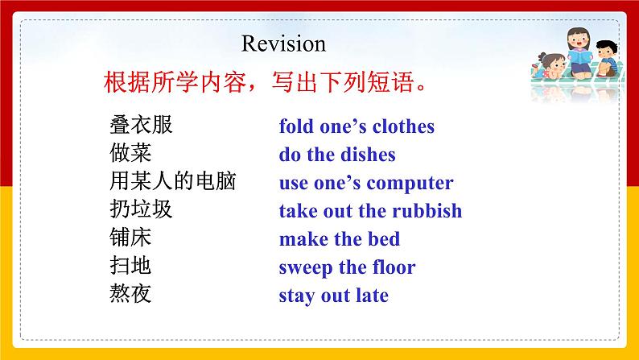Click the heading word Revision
click(x=283, y=43)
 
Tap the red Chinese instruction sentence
click(x=265, y=83)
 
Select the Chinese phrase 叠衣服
click(x=141, y=126)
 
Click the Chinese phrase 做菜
click(x=130, y=154)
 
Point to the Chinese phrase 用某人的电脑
click(x=172, y=182)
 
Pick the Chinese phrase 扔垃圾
click(x=141, y=210)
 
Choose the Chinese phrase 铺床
click(x=130, y=238)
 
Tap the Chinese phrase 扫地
click(x=130, y=267)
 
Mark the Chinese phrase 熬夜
click(x=130, y=295)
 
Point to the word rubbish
click(x=427, y=211)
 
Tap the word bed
click(x=385, y=239)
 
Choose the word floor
click(x=390, y=267)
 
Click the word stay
click(x=295, y=296)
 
